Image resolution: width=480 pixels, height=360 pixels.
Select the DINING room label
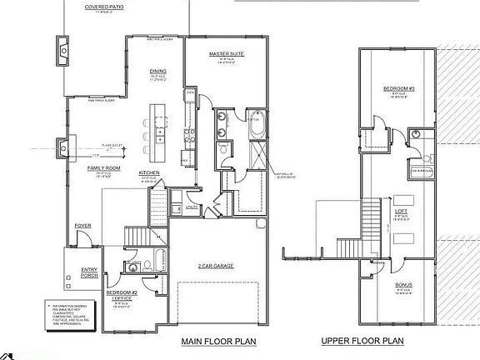tap(157, 72)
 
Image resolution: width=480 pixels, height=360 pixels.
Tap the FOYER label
tap(83, 225)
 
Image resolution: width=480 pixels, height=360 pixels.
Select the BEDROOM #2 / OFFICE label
tap(119, 295)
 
